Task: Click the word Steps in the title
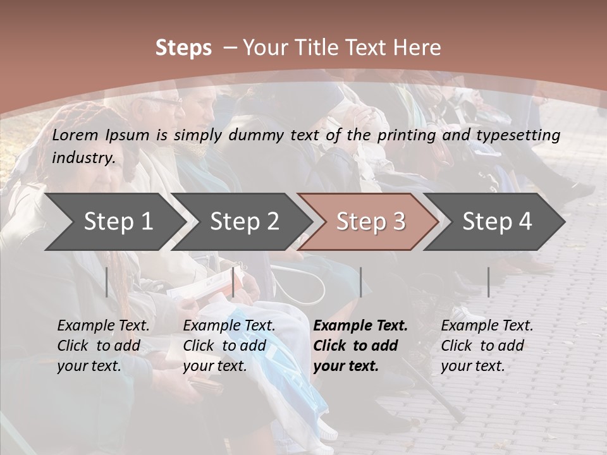[183, 48]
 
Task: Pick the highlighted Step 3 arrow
[371, 222]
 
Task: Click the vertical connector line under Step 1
[107, 282]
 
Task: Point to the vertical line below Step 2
[233, 282]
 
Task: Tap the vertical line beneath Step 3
[360, 282]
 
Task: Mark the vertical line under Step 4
[489, 282]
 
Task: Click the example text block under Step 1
[103, 346]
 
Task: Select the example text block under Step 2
[229, 346]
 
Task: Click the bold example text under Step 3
[360, 346]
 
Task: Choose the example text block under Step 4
[487, 346]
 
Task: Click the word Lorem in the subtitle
[75, 135]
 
